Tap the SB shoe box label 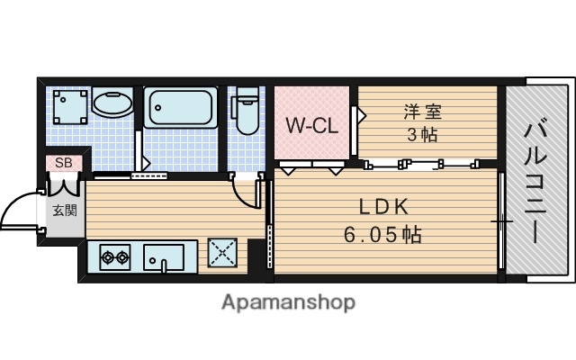[64, 163]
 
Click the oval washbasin [112, 105]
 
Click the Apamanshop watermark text [288, 302]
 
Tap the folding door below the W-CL [311, 166]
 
